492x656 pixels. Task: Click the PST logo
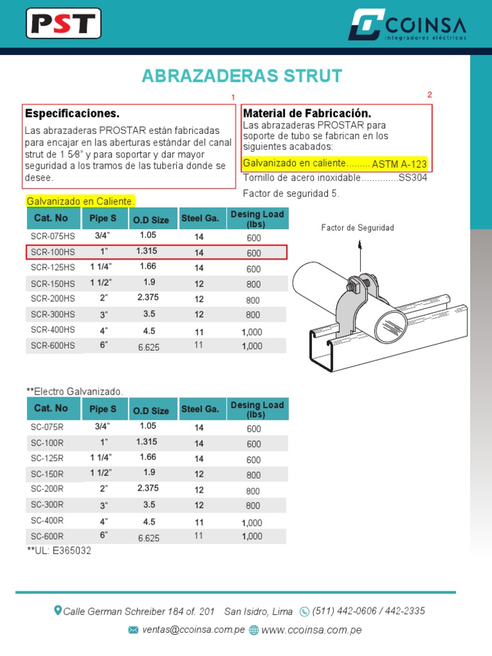click(63, 24)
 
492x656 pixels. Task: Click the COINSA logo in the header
click(407, 25)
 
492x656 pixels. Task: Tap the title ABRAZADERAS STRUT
click(242, 76)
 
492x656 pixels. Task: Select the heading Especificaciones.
click(72, 113)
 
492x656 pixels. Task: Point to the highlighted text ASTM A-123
click(398, 164)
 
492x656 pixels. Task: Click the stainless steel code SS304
click(413, 177)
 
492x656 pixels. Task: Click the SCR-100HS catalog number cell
click(53, 252)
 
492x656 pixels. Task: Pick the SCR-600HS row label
click(53, 345)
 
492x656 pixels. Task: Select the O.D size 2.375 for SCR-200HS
click(148, 297)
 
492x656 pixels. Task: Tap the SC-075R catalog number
click(47, 427)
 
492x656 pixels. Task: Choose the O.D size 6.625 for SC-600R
click(149, 538)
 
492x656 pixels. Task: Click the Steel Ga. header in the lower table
click(200, 409)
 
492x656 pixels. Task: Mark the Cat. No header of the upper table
click(51, 218)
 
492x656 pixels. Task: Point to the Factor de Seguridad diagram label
click(357, 227)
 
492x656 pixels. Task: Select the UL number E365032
click(69, 550)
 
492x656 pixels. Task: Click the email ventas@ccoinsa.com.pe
click(193, 630)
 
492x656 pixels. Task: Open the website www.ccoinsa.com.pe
click(311, 630)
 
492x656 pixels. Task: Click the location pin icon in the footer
click(58, 611)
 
